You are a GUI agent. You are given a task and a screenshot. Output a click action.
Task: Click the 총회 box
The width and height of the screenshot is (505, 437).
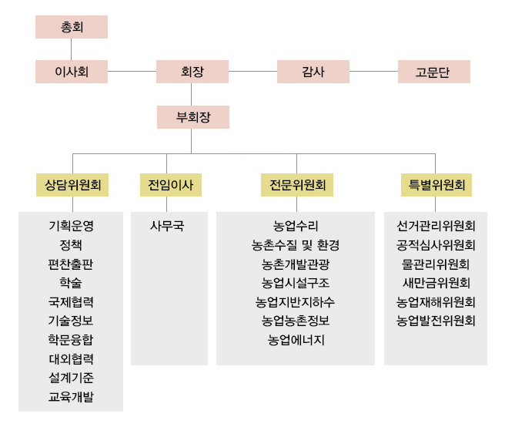[x=72, y=27]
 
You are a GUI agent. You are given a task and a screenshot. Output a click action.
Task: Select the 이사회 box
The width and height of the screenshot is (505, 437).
[x=72, y=72]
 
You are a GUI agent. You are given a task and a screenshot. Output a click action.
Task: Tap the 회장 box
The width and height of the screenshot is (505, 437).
[x=192, y=72]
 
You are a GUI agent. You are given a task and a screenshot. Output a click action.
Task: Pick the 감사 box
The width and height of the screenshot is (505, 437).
[x=313, y=72]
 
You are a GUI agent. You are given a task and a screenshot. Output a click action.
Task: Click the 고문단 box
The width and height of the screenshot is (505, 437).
[x=434, y=72]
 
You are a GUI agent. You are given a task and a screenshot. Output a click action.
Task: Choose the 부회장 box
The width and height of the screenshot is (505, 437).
[x=193, y=117]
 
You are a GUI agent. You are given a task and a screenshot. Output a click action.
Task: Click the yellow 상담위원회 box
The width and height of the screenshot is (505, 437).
[x=72, y=185]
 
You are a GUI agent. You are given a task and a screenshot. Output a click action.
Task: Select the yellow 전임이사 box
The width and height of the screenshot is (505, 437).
[x=171, y=185]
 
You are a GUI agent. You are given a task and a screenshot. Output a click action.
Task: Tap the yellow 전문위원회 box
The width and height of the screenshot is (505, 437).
[x=297, y=185]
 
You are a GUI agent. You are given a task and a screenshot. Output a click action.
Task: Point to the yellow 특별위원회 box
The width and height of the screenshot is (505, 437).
[x=436, y=185]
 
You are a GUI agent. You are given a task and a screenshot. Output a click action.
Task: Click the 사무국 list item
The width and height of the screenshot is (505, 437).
[x=167, y=226]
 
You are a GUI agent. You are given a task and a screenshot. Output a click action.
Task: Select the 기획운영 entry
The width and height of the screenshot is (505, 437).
[x=71, y=226]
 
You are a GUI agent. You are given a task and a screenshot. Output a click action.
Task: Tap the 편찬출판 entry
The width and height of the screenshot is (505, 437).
[x=71, y=264]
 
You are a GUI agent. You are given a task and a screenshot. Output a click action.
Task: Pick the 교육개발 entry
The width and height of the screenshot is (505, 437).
[x=71, y=397]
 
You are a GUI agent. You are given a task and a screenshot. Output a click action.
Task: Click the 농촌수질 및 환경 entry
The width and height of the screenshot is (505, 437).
[x=296, y=245]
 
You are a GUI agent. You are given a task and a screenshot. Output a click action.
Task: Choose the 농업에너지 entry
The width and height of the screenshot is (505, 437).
[x=296, y=340]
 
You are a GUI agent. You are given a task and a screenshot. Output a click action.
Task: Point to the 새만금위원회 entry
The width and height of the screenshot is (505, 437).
[x=436, y=283]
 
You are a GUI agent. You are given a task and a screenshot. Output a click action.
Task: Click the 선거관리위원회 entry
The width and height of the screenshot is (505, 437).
[x=436, y=226]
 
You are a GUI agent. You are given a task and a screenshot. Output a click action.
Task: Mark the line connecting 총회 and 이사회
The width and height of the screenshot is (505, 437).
[x=71, y=49]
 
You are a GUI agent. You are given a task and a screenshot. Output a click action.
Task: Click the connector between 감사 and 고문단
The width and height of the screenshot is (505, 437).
[x=373, y=71]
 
